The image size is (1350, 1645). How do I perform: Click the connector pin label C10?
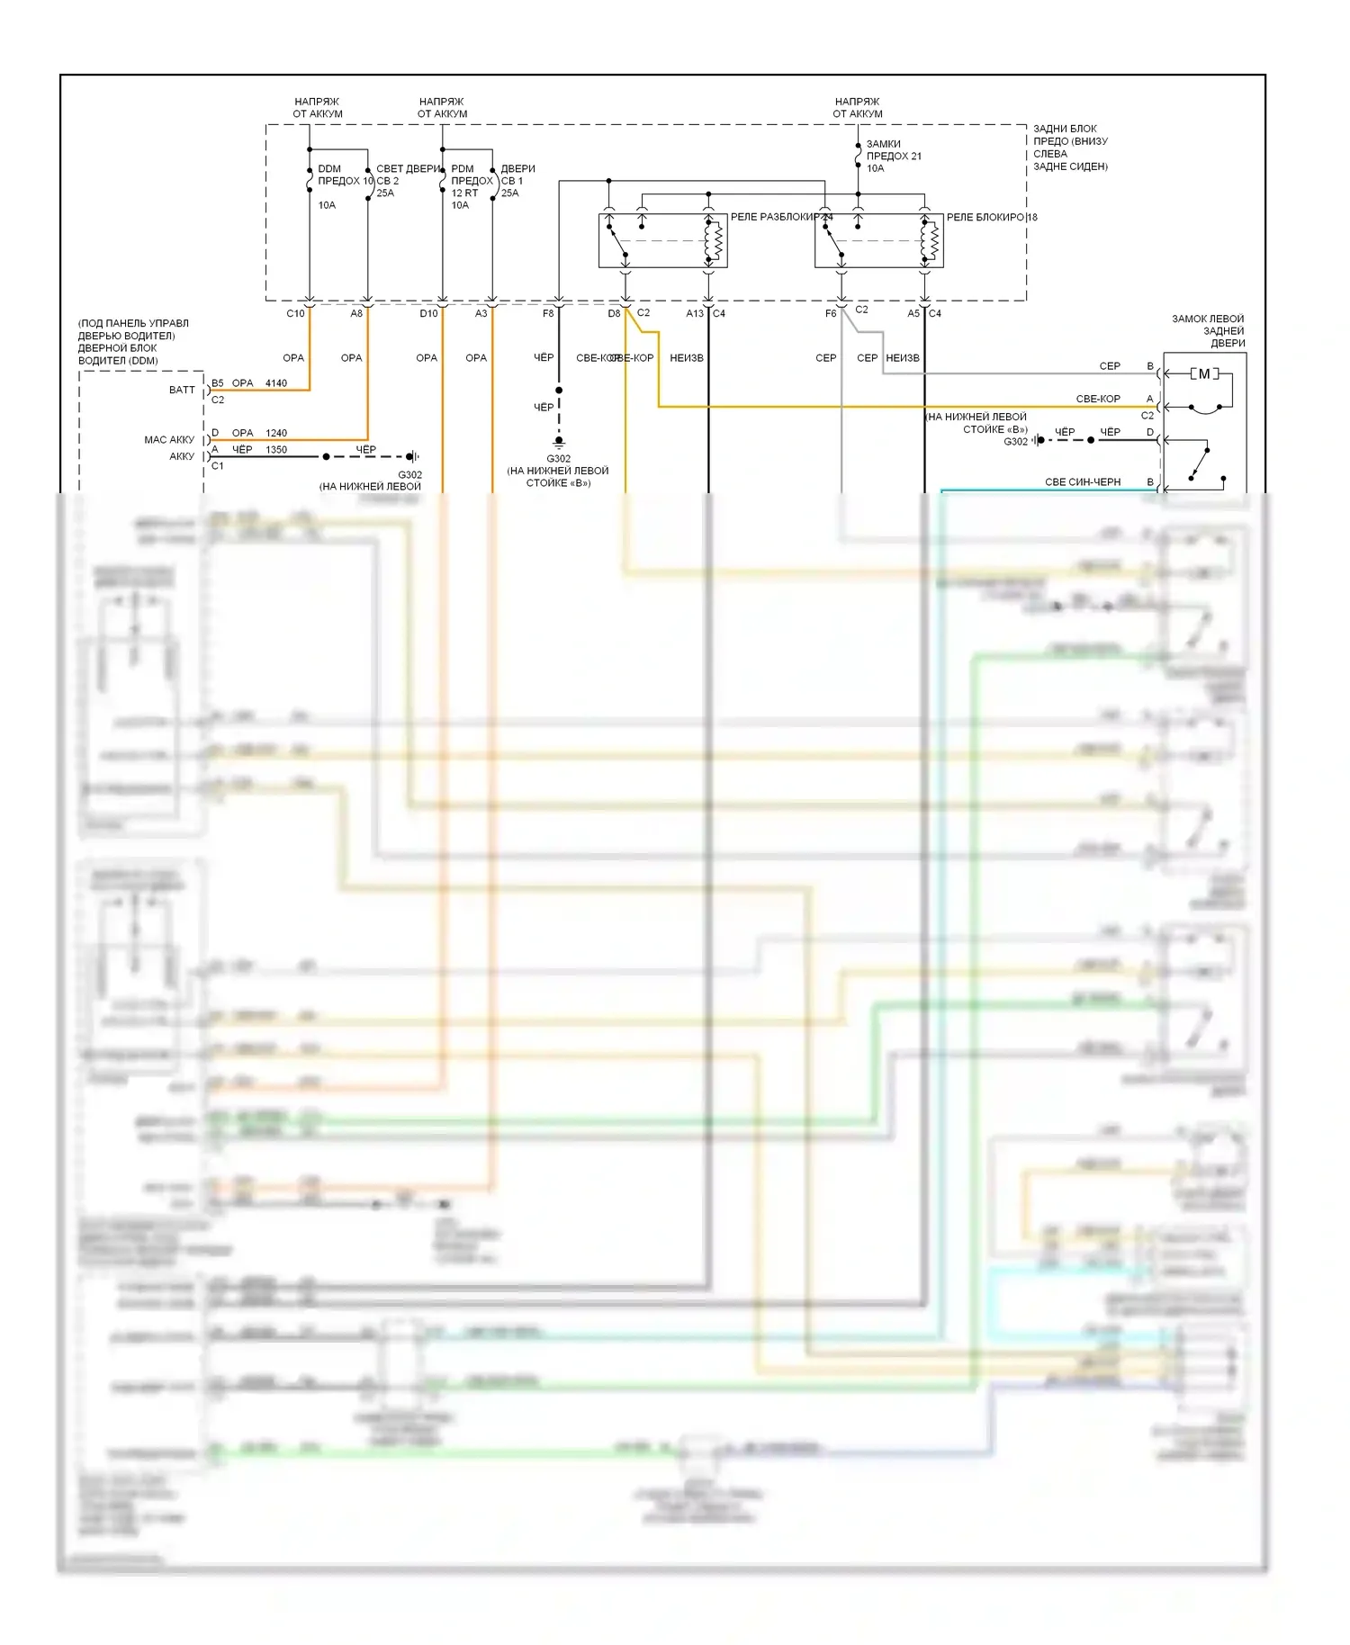click(295, 313)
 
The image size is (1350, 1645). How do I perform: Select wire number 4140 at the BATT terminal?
click(276, 383)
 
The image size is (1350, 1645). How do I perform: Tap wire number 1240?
click(276, 433)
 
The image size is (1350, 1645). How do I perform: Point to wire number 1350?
click(276, 450)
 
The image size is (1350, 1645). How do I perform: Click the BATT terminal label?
click(182, 390)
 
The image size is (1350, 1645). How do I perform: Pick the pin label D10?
click(428, 313)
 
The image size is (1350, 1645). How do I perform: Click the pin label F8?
click(548, 313)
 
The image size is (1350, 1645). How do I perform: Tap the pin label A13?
click(695, 313)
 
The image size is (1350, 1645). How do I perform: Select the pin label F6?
click(831, 313)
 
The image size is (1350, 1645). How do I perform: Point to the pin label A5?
click(913, 313)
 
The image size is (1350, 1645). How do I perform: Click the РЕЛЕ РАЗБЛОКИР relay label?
click(774, 217)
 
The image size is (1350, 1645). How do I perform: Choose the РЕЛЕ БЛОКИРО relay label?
click(985, 217)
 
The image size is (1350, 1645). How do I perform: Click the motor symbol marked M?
click(1204, 373)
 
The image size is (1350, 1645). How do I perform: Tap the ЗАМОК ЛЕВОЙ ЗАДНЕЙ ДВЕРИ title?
click(1208, 330)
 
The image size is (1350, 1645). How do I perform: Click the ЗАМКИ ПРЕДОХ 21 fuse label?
click(894, 156)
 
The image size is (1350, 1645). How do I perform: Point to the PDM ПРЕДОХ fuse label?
click(472, 175)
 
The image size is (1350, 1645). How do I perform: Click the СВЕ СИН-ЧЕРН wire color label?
click(1083, 482)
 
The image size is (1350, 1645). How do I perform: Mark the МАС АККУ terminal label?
click(169, 440)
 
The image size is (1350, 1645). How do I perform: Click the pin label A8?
click(356, 313)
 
